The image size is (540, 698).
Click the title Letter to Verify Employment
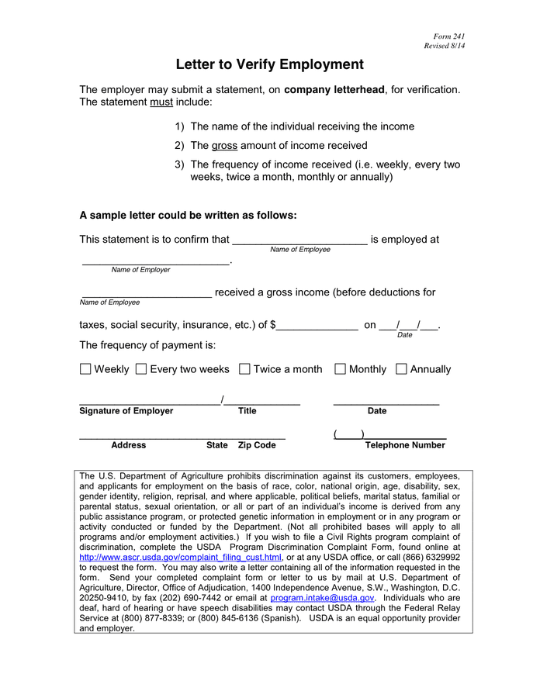269,64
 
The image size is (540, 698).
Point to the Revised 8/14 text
444,47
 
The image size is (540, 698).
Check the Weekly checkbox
85,369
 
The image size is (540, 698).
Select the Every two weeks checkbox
141,369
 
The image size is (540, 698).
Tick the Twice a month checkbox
244,369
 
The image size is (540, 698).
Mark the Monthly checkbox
340,369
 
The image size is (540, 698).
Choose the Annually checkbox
401,369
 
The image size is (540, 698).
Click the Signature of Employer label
126,411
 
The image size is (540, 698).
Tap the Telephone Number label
405,445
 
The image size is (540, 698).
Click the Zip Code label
257,445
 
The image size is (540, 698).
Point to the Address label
129,445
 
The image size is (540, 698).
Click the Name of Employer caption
140,270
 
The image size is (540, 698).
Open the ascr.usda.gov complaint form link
180,557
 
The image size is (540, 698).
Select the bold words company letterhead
334,90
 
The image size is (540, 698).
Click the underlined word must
161,102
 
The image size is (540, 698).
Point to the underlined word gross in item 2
224,145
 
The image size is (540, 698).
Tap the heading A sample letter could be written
188,215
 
